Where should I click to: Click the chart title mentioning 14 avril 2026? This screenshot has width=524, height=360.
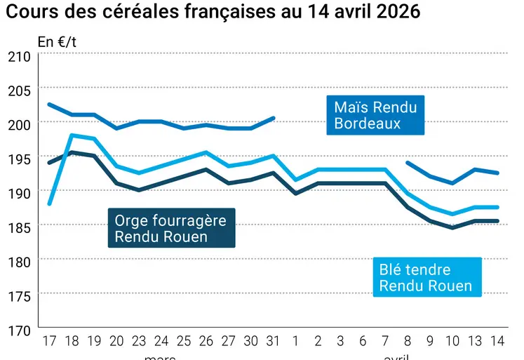[213, 13]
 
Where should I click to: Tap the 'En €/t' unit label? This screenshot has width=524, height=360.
[58, 41]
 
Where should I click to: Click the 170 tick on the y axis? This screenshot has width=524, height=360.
[18, 328]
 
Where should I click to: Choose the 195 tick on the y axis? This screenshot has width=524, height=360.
[18, 158]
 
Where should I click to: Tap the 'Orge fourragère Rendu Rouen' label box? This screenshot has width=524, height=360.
[171, 228]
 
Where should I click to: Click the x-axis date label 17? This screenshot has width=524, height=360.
[49, 341]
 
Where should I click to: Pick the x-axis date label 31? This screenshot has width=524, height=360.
[274, 341]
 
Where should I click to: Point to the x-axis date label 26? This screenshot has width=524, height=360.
[206, 341]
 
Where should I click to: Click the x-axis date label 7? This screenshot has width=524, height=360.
[385, 341]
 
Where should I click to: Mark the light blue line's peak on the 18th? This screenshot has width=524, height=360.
[72, 135]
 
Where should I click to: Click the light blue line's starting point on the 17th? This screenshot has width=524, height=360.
[49, 204]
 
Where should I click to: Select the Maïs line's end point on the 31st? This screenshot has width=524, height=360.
[274, 118]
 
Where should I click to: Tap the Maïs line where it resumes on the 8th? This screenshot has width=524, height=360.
[408, 162]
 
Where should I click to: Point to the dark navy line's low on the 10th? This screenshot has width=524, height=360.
[452, 227]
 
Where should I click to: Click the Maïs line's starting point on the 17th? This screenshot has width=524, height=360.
[49, 105]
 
